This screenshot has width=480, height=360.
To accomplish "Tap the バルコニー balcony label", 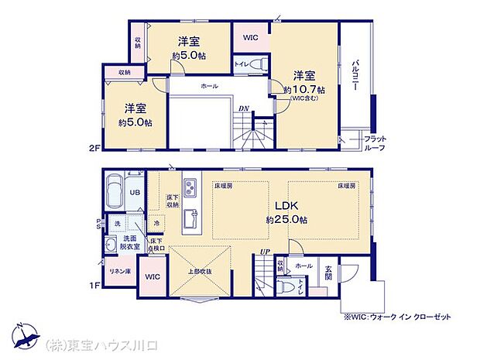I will pyautogui.click(x=355, y=75).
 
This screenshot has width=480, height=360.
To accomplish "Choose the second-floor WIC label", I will pyautogui.click(x=250, y=37).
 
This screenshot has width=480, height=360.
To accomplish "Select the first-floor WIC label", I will pyautogui.click(x=152, y=276).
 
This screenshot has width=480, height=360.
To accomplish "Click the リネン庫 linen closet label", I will pyautogui.click(x=118, y=272).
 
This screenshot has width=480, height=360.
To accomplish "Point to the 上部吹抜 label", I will pyautogui.click(x=200, y=272).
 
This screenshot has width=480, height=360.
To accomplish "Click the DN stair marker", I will pyautogui.click(x=243, y=108).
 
